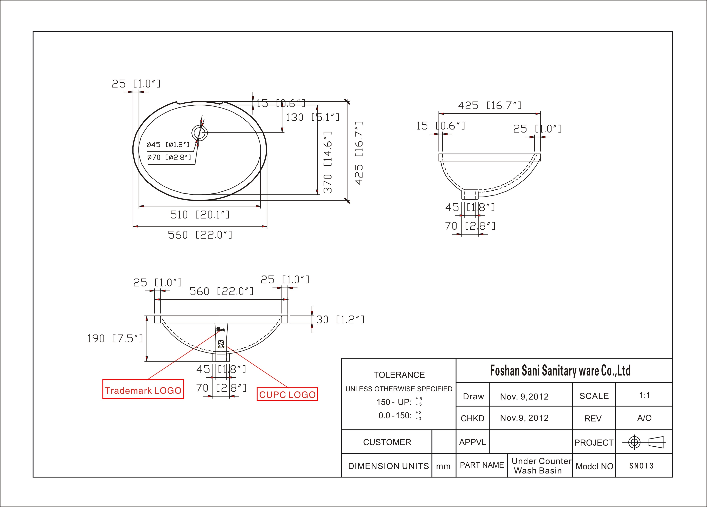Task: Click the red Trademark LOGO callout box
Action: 143,389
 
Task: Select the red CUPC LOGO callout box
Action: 287,394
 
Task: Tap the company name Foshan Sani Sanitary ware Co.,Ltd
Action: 560,371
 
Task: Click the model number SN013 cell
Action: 641,466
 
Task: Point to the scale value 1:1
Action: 645,395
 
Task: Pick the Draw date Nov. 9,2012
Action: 524,397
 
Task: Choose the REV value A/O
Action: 644,418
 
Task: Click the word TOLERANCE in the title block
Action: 399,375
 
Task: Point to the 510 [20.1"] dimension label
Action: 200,215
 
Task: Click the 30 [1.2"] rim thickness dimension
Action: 340,320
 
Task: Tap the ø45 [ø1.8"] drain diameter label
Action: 168,144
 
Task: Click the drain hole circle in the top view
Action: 200,133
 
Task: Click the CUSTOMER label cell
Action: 387,442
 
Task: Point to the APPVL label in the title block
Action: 473,442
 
